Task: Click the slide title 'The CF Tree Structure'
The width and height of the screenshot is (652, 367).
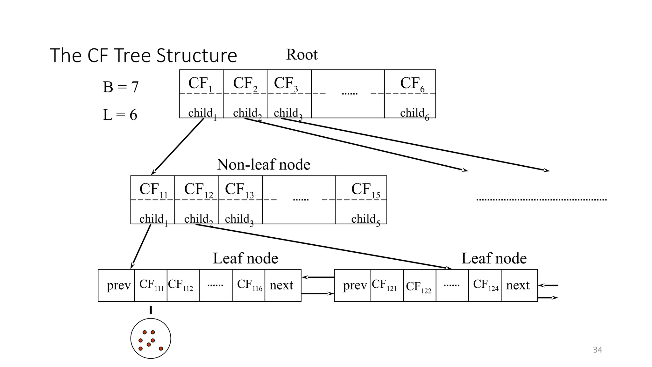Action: point(143,56)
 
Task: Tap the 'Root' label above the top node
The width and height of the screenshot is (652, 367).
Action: point(301,54)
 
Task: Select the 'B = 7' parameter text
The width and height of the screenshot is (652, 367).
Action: point(121,87)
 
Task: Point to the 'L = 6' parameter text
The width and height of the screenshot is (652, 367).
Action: point(120,115)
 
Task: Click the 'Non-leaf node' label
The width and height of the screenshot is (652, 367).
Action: point(263,165)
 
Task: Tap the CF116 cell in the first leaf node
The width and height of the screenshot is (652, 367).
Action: point(249,285)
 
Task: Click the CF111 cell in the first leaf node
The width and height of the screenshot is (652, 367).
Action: point(151,285)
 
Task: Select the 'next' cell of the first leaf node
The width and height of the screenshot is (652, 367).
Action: point(281,285)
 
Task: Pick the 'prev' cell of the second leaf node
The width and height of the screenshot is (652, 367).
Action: point(354,285)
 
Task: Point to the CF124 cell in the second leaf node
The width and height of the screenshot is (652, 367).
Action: point(485,285)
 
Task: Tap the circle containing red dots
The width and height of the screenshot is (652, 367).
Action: point(151,338)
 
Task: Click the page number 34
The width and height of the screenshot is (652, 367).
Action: point(597,350)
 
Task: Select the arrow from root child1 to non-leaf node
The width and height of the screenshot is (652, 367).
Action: point(178,146)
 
